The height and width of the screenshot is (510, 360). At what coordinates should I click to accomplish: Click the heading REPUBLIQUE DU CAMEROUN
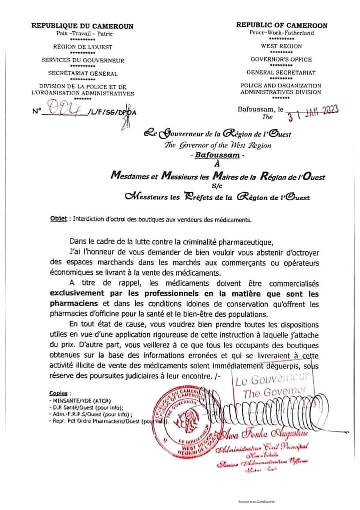(82, 26)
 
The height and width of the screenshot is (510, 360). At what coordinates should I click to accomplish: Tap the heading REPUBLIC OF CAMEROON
(281, 25)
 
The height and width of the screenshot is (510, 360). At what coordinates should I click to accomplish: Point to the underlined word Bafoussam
(216, 156)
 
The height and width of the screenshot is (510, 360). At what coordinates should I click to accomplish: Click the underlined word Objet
(58, 219)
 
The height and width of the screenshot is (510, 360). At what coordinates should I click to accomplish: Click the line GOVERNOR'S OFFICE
(281, 59)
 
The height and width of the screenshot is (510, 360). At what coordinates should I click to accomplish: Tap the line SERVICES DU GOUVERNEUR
(83, 60)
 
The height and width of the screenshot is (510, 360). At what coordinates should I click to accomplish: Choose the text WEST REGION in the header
(281, 46)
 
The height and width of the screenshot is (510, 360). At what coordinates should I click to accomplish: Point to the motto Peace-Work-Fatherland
(281, 33)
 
